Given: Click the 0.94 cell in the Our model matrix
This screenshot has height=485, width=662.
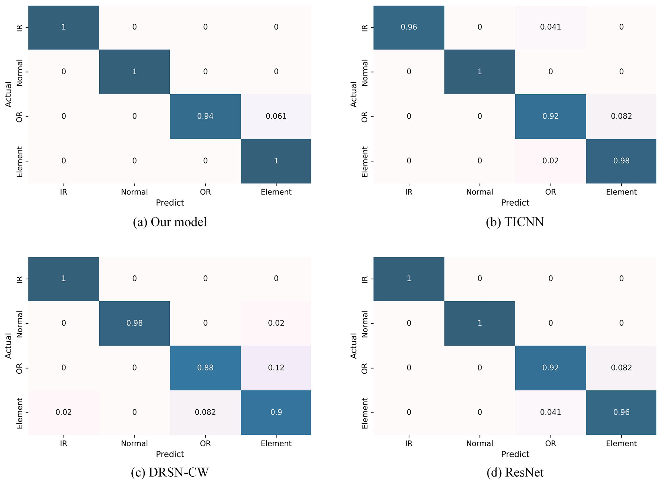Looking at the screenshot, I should pyautogui.click(x=205, y=116).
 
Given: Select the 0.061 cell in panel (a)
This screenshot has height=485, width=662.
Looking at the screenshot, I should pyautogui.click(x=276, y=116).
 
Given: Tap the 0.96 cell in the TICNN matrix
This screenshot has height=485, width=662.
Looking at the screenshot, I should pyautogui.click(x=409, y=27).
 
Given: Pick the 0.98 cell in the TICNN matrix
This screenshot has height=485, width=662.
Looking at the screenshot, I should pyautogui.click(x=621, y=161).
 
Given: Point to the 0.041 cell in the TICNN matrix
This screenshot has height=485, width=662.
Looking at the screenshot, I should pyautogui.click(x=550, y=27).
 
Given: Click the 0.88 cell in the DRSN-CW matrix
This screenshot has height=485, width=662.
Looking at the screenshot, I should pyautogui.click(x=205, y=368).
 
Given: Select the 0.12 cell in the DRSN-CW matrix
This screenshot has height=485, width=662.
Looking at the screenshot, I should pyautogui.click(x=276, y=368).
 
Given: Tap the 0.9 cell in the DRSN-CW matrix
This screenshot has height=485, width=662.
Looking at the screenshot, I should pyautogui.click(x=276, y=412).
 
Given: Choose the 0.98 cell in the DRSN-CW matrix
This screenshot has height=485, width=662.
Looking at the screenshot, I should pyautogui.click(x=134, y=323).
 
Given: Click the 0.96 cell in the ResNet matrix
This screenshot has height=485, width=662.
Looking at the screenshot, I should pyautogui.click(x=621, y=412).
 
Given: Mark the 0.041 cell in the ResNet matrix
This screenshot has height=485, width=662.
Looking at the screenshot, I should pyautogui.click(x=550, y=412).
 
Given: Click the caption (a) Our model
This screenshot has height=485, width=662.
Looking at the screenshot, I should pyautogui.click(x=170, y=222).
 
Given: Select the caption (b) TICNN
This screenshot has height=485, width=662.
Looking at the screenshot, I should pyautogui.click(x=515, y=222).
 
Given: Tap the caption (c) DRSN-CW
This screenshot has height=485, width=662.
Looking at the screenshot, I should pyautogui.click(x=170, y=472).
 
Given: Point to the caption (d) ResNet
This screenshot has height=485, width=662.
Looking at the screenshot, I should pyautogui.click(x=515, y=472).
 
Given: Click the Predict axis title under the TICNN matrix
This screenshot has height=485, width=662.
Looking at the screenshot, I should pyautogui.click(x=515, y=203).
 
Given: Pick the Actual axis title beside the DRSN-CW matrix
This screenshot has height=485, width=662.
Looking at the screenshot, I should pyautogui.click(x=8, y=346).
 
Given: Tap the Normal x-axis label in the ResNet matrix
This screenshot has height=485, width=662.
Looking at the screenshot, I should pyautogui.click(x=479, y=444).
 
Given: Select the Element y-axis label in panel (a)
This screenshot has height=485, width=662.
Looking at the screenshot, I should pyautogui.click(x=20, y=162).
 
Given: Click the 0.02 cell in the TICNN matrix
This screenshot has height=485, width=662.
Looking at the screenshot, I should pyautogui.click(x=550, y=161).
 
